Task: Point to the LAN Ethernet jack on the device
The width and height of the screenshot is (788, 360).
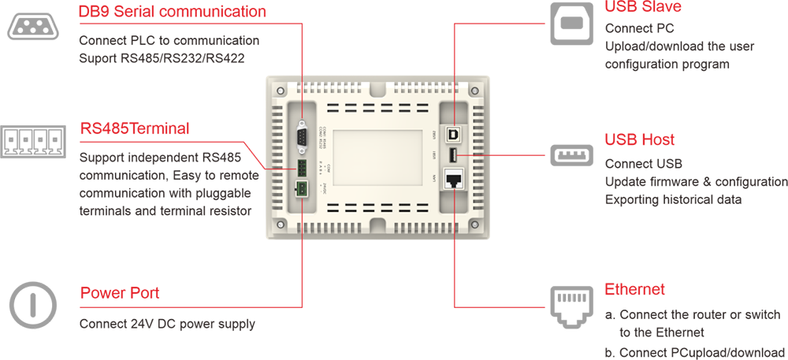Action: (455, 180)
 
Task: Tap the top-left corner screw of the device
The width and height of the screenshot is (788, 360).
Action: (280, 92)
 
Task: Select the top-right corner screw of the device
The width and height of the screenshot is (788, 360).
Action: (474, 92)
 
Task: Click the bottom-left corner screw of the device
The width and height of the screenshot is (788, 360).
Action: (280, 222)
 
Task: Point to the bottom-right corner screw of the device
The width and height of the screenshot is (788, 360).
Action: (474, 222)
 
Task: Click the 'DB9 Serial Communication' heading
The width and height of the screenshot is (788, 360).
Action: (169, 13)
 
